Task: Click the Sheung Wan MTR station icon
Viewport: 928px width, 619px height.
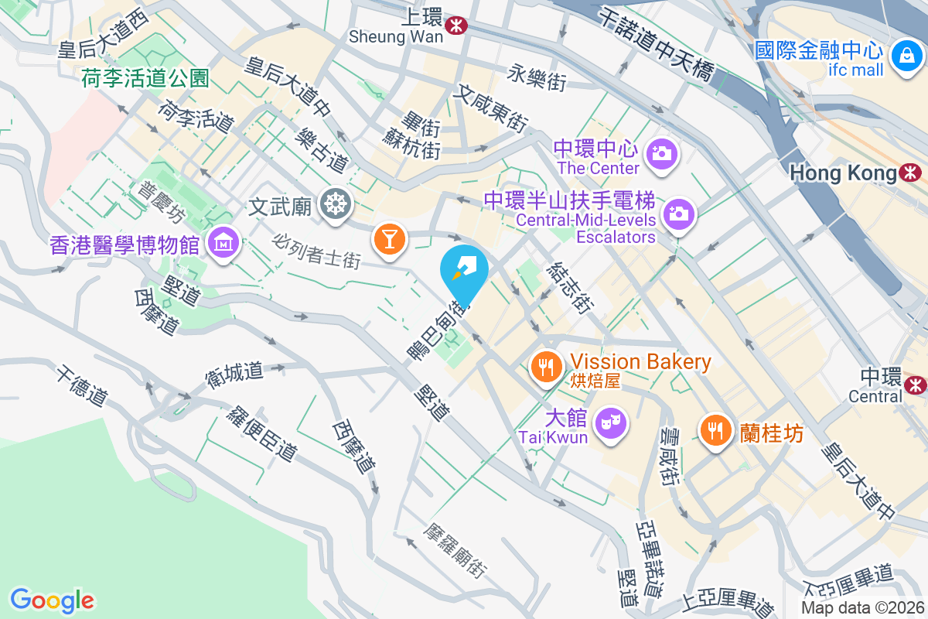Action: click(456, 26)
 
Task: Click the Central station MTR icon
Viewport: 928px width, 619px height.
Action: click(916, 384)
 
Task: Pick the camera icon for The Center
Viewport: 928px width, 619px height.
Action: click(661, 152)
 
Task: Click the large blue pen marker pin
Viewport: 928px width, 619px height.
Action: click(464, 272)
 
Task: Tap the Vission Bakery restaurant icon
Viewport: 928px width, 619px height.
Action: click(548, 367)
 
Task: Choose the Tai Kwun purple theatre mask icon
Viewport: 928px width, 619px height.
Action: click(611, 422)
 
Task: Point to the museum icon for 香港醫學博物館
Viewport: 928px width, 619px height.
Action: click(224, 243)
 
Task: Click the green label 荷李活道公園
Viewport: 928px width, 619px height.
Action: click(146, 77)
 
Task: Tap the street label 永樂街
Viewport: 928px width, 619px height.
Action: click(537, 76)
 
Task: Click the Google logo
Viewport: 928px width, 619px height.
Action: click(52, 600)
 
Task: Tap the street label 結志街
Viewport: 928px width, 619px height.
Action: click(568, 288)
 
